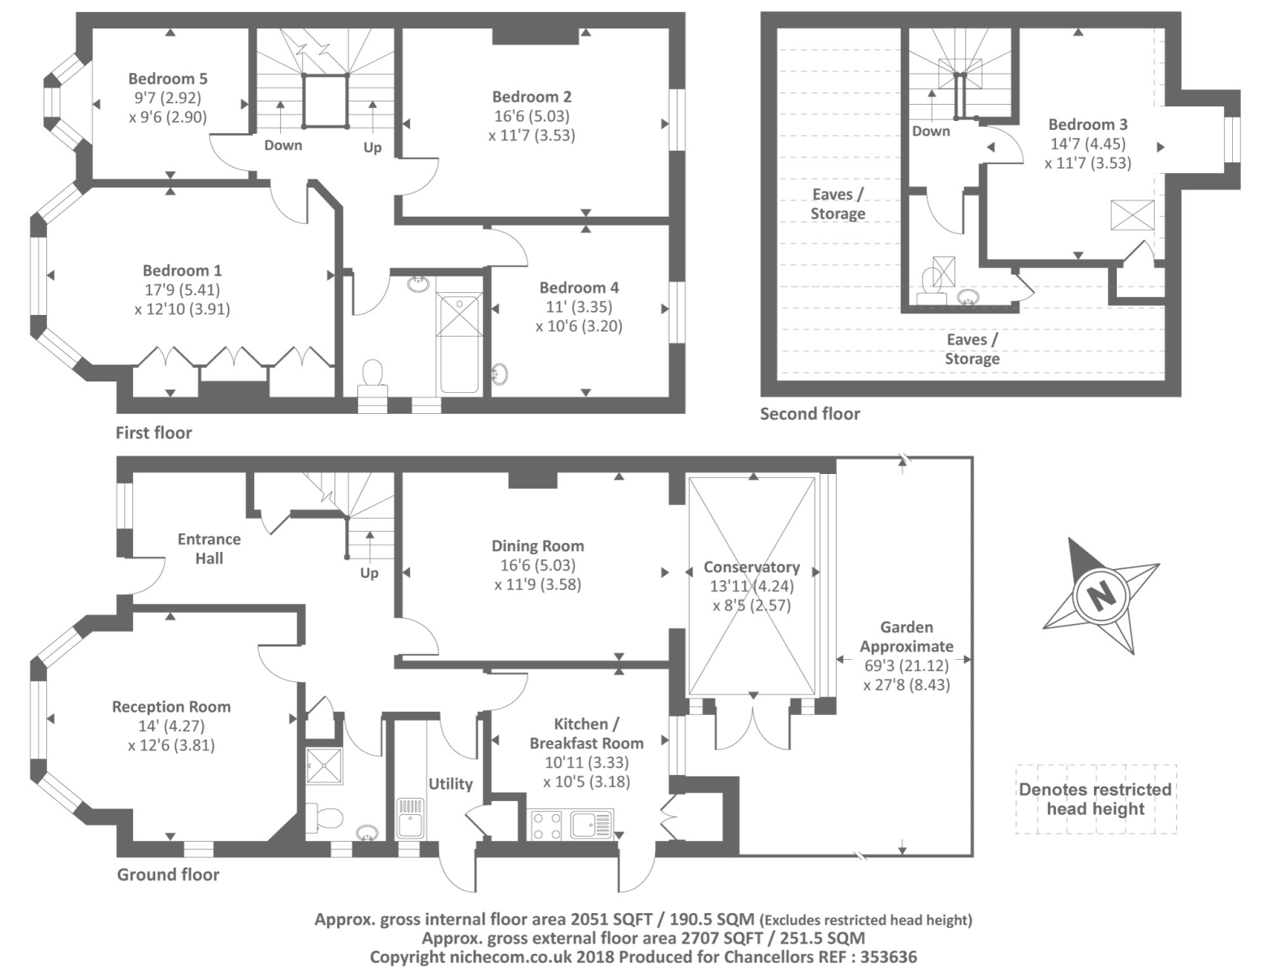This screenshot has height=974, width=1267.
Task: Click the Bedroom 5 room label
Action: (168, 79)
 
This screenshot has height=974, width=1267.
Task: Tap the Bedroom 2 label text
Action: (532, 97)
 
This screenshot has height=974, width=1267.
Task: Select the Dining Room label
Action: (537, 546)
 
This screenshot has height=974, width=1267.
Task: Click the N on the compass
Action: (1101, 597)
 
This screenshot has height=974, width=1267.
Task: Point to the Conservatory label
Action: (752, 567)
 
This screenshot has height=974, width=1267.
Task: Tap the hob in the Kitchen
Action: (546, 825)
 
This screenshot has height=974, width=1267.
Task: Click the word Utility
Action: (450, 783)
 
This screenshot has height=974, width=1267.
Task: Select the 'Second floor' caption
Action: (809, 414)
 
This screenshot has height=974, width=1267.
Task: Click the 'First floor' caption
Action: (153, 433)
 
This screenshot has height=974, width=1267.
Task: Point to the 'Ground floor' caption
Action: (168, 874)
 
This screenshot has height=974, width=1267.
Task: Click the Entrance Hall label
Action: (209, 549)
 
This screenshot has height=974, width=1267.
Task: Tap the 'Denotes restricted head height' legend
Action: (1095, 799)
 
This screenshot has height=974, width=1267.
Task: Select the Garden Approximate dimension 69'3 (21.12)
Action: (907, 666)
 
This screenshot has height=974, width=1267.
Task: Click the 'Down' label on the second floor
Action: (930, 131)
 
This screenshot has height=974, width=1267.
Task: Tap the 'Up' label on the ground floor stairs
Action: (369, 573)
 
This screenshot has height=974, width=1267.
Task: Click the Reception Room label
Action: (171, 707)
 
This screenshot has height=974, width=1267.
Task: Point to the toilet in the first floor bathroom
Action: (373, 376)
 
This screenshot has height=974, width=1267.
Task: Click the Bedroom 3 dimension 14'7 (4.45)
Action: (1088, 144)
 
